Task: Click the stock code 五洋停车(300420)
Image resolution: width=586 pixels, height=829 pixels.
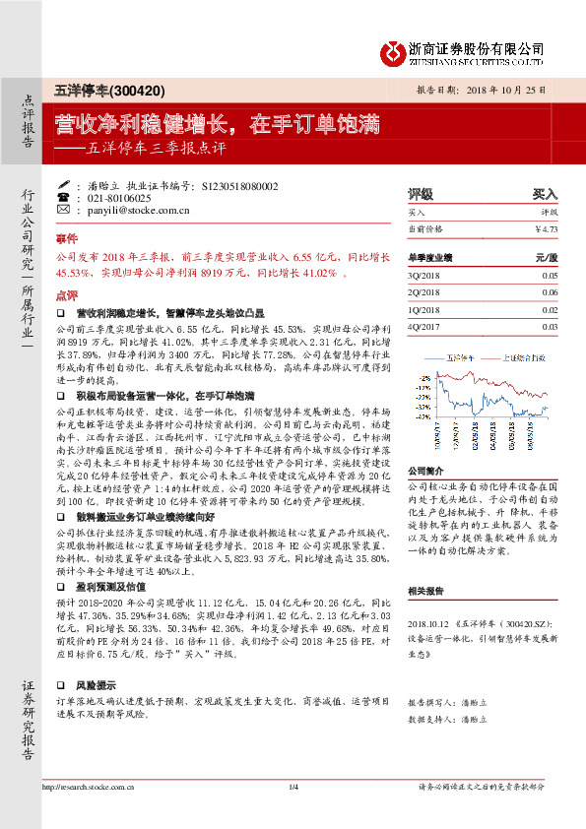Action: pos(96,90)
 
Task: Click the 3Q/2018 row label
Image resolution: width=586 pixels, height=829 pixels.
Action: pos(423,277)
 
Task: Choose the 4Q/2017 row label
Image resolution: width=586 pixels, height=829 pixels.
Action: pos(423,326)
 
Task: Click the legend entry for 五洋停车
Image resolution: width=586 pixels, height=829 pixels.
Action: pos(461,358)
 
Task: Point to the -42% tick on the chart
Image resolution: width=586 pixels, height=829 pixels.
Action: pos(423,414)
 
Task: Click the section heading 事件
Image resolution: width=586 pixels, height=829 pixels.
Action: pos(66,239)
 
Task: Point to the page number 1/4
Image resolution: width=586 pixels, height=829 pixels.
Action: pos(293,813)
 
